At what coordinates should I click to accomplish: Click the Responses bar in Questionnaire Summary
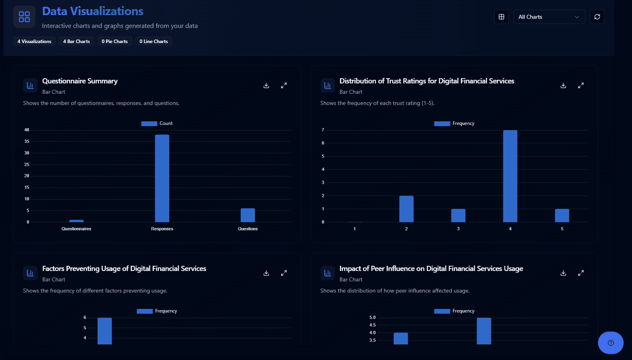(162, 178)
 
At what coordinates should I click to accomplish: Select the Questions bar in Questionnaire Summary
(248, 215)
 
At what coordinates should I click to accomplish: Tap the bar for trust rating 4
(510, 176)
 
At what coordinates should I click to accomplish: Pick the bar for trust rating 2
(406, 209)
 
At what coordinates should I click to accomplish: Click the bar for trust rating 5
(562, 216)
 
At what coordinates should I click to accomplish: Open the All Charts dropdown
(549, 17)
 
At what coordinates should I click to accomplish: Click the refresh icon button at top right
(597, 17)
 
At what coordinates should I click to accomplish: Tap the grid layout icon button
(501, 17)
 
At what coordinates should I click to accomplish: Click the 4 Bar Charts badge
(76, 42)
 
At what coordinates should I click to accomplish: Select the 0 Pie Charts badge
(115, 42)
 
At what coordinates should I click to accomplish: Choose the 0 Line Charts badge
(154, 42)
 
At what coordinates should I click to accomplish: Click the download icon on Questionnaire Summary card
(266, 85)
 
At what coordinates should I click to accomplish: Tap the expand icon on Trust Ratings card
(580, 85)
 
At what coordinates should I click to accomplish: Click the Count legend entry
(157, 123)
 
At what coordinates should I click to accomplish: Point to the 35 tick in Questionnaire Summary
(27, 141)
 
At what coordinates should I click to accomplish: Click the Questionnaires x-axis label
(76, 229)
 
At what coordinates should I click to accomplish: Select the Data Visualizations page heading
(93, 11)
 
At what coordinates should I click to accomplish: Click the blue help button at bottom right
(610, 342)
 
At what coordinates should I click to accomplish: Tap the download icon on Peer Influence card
(563, 273)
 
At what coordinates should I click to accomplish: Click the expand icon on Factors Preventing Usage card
(283, 273)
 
